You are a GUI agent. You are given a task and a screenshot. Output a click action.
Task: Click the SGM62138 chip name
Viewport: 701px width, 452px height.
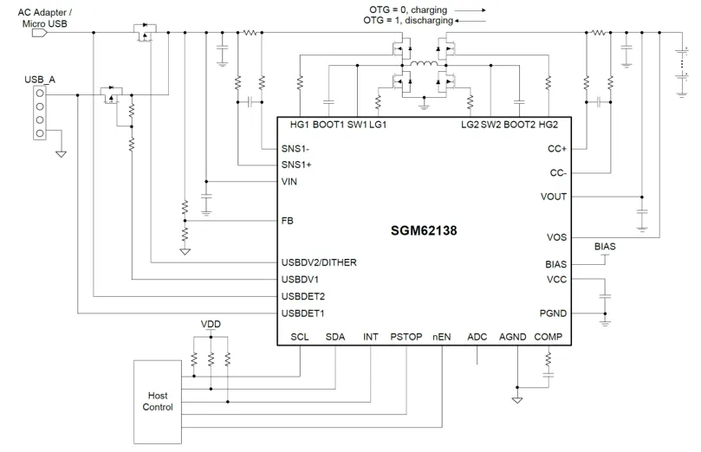[x=424, y=230]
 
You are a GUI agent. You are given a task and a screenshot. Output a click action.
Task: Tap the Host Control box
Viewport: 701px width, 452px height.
[x=158, y=402]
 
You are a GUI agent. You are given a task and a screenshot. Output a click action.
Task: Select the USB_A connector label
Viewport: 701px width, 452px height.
[x=40, y=80]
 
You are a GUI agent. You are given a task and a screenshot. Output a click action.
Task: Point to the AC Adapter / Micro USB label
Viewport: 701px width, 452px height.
[x=45, y=18]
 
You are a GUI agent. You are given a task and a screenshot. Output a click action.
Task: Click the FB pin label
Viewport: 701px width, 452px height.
[x=288, y=221]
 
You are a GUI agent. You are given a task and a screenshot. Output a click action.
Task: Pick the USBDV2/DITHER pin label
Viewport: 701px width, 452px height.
[x=319, y=262]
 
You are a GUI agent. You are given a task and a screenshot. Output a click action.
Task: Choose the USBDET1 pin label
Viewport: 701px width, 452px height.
[x=303, y=313]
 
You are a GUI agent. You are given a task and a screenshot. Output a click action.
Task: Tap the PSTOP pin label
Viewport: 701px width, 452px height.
[x=406, y=337]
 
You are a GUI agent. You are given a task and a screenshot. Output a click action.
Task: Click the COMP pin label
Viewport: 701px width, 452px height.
[x=548, y=337]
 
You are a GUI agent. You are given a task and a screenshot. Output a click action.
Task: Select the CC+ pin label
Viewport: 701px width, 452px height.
[x=557, y=149]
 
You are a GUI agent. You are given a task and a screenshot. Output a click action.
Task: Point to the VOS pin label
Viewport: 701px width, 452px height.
[x=556, y=237]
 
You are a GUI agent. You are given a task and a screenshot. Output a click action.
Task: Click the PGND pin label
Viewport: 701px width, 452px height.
[x=553, y=313]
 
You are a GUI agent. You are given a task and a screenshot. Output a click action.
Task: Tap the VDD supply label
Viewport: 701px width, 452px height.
[x=211, y=324]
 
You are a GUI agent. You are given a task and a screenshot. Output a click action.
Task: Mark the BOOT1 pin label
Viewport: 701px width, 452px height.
[x=328, y=125]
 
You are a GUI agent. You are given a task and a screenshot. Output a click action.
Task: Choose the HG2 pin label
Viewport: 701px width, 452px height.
[x=548, y=125]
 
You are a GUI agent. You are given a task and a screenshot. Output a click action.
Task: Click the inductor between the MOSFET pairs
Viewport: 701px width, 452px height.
[x=424, y=64]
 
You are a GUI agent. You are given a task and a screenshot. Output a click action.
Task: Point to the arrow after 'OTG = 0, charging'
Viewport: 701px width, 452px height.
[x=471, y=10]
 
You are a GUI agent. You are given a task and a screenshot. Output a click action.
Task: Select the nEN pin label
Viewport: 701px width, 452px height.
[x=441, y=337]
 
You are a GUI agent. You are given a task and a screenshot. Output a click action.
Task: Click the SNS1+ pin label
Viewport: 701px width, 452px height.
[x=296, y=165]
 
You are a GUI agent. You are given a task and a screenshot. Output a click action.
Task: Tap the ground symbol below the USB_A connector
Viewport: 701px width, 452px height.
[x=61, y=154]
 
